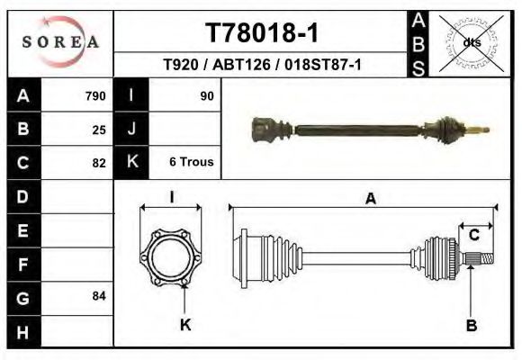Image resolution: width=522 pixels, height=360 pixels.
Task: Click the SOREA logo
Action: click(x=60, y=41)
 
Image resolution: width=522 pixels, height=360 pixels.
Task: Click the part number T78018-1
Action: click(x=261, y=33)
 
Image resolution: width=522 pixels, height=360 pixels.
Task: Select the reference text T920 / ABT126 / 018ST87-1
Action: click(x=262, y=65)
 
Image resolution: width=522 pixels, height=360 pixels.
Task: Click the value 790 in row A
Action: click(x=95, y=96)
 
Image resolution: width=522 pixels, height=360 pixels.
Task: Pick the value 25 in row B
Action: click(x=99, y=130)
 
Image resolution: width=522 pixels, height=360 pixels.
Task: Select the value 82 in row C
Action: click(x=99, y=163)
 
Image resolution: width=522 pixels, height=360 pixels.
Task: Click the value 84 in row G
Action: click(x=99, y=295)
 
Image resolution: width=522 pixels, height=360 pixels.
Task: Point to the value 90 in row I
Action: click(x=207, y=95)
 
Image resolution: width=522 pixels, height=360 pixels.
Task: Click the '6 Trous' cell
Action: click(x=191, y=162)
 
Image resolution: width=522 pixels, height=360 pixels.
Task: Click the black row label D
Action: click(x=22, y=196)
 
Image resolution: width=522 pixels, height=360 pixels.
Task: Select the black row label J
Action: click(x=131, y=130)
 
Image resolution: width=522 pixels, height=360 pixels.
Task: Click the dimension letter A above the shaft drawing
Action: click(x=370, y=200)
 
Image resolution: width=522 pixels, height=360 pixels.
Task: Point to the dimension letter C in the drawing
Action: click(x=473, y=236)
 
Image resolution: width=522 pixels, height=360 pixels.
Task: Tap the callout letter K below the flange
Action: click(x=184, y=324)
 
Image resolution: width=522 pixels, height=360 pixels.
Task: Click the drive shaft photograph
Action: click(x=369, y=131)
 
